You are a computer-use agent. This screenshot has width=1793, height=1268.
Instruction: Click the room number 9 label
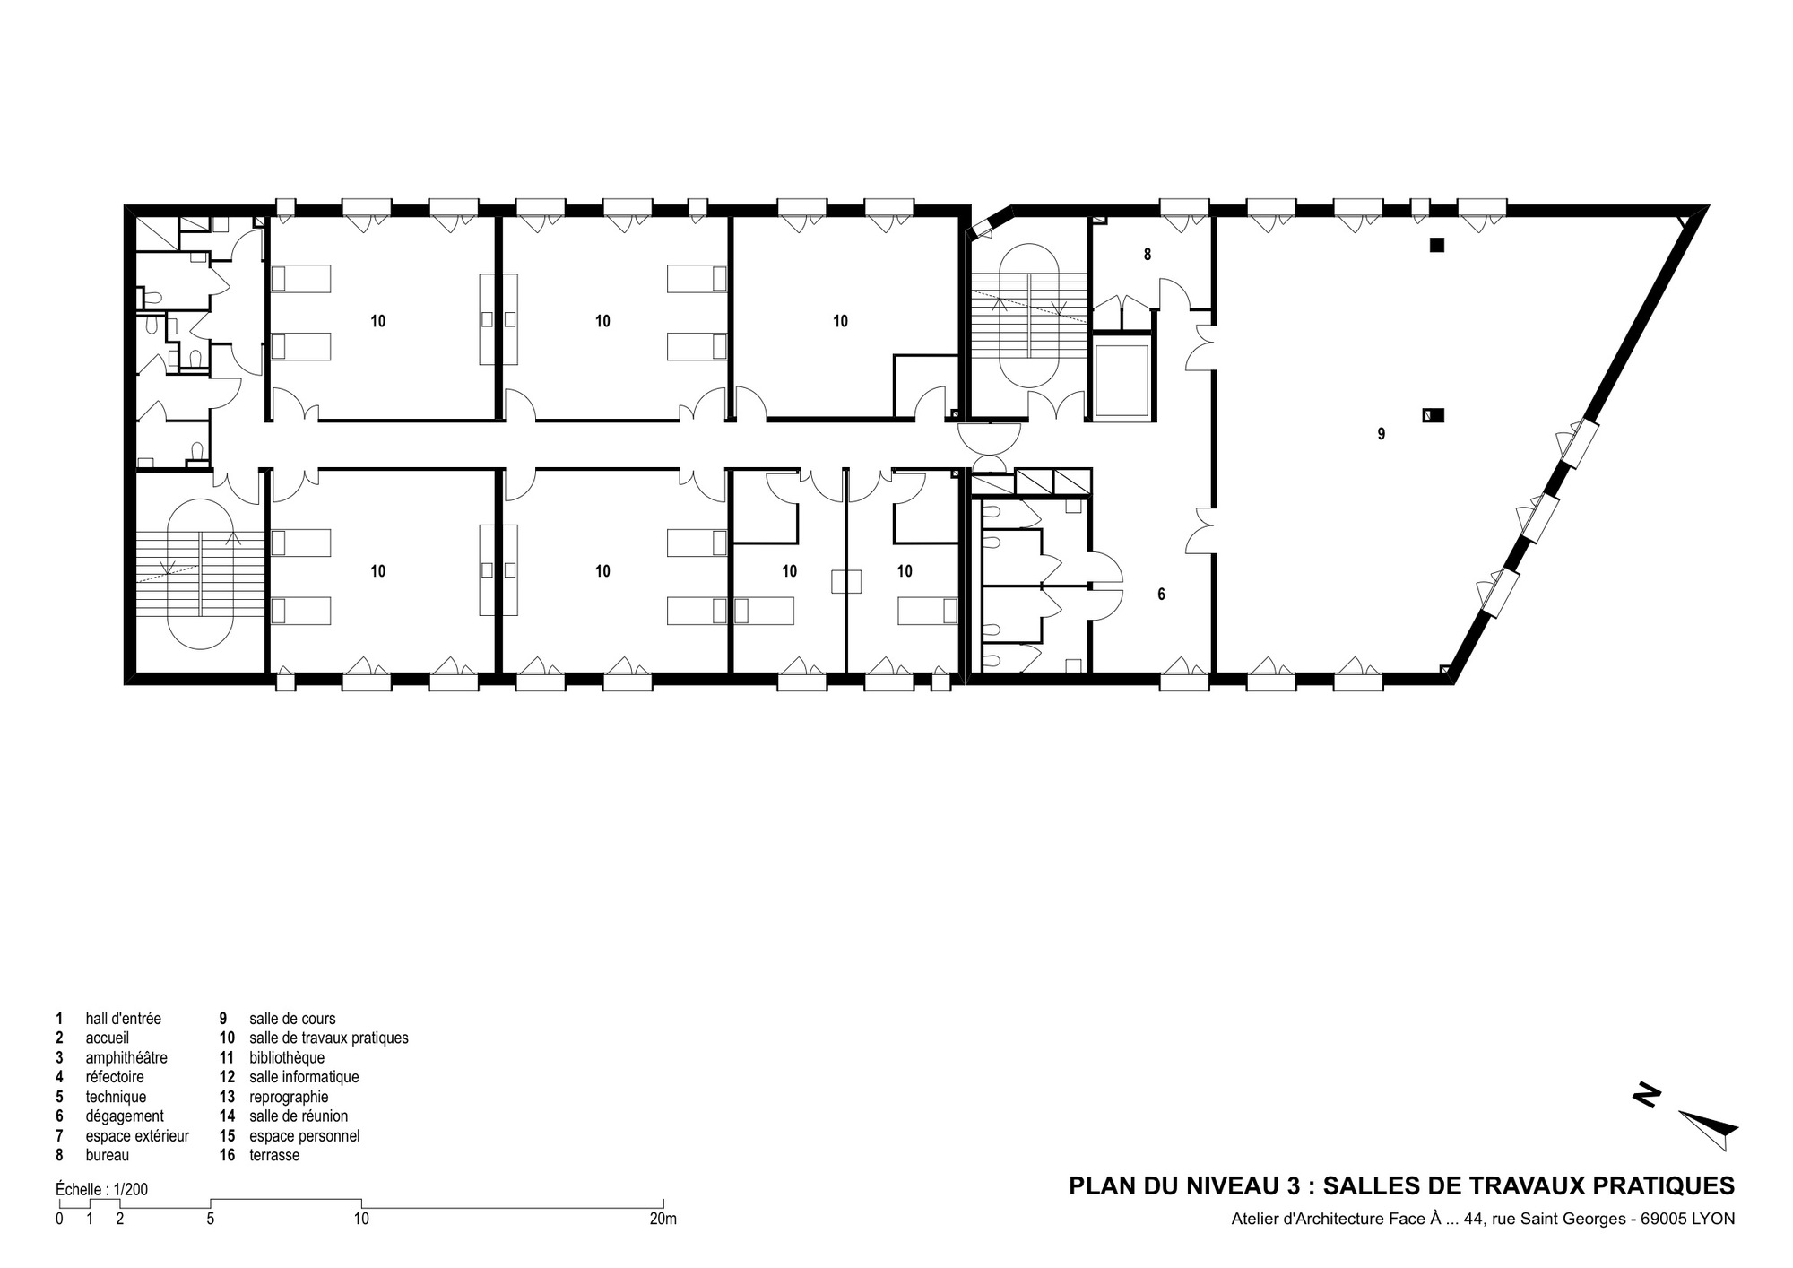pos(1381,434)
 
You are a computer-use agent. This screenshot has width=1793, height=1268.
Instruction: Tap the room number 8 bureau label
pos(1148,255)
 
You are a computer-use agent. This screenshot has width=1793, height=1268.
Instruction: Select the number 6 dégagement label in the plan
pos(1161,594)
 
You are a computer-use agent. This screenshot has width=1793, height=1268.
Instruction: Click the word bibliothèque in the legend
pos(287,1057)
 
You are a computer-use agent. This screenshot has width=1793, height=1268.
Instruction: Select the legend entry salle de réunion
pos(299,1116)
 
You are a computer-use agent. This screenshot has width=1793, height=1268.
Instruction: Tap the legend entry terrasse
pos(274,1155)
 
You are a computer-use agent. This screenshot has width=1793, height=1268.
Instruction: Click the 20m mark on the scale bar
pos(663,1219)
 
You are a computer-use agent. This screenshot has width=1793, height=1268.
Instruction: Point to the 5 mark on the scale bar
pos(210,1219)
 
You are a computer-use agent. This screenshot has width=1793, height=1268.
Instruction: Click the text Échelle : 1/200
pos(101,1189)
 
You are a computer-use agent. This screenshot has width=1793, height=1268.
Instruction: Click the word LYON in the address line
pos(1712,1219)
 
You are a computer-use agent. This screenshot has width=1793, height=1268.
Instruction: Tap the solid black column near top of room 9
pos(1437,244)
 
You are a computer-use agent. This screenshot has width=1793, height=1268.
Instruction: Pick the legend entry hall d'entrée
pos(123,1019)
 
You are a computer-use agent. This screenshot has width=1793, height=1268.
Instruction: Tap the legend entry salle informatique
pos(304,1077)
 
